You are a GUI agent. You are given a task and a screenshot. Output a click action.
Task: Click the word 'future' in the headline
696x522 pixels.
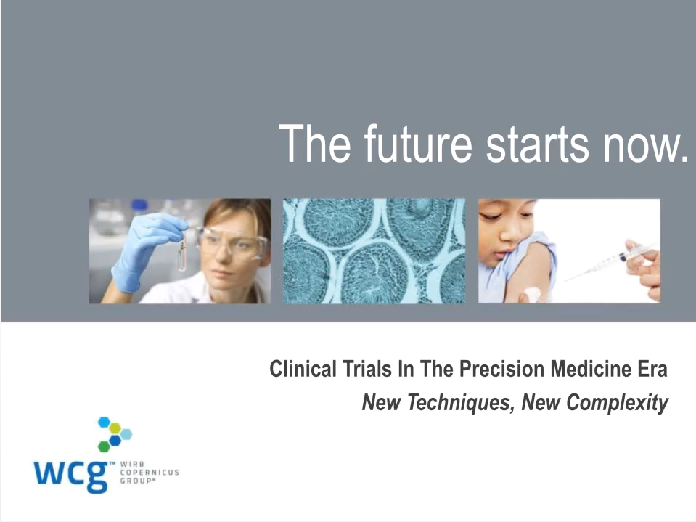418,144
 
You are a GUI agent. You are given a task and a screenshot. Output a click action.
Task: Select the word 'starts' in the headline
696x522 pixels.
537,144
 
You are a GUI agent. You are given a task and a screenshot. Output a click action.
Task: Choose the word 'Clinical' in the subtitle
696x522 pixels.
303,369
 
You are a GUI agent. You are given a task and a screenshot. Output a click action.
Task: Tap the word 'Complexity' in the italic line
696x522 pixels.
618,403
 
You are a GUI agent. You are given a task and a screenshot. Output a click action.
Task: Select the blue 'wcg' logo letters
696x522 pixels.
71,476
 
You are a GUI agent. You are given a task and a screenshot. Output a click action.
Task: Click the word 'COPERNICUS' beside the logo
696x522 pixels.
150,473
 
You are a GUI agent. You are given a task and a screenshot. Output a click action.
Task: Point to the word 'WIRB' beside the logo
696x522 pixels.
132,465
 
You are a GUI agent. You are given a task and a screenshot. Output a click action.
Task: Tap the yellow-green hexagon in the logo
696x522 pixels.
115,428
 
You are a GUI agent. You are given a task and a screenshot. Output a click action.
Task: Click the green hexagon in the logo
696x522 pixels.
104,446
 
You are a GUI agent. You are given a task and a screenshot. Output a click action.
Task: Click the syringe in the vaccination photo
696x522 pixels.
613,262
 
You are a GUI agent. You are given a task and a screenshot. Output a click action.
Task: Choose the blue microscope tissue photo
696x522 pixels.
374,251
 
